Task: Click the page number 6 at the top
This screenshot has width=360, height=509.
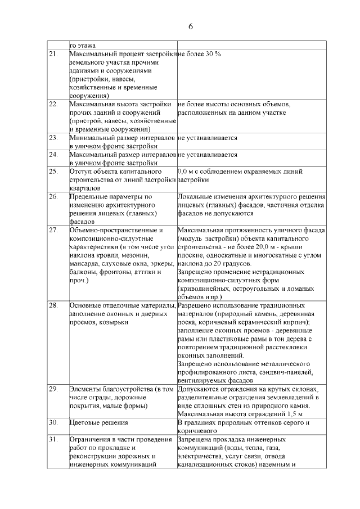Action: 190,27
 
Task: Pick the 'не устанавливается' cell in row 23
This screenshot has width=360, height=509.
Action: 207,137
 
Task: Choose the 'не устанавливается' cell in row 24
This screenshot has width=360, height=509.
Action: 207,154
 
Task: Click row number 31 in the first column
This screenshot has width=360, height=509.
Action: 54,439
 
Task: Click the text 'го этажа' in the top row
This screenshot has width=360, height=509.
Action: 83,44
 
